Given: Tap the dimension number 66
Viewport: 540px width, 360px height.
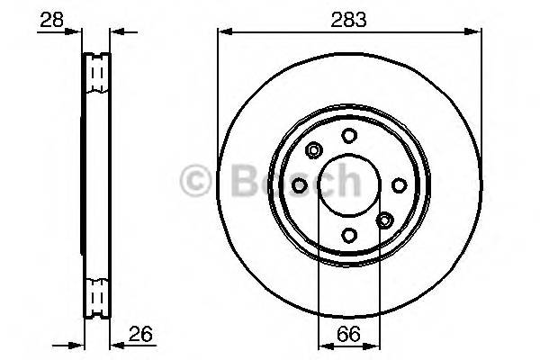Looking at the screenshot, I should [x=348, y=335].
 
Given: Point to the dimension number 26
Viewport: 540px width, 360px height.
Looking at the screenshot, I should [x=139, y=335].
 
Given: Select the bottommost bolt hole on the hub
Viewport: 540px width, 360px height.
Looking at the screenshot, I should [x=348, y=234].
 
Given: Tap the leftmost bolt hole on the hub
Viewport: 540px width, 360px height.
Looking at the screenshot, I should [x=299, y=184].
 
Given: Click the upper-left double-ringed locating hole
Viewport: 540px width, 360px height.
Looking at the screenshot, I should [x=313, y=149].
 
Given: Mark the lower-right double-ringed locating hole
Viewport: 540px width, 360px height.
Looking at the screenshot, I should [x=383, y=220].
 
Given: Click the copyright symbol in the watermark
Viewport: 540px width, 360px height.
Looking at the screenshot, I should [x=195, y=182].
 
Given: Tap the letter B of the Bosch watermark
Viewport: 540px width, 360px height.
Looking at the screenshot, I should [x=245, y=182].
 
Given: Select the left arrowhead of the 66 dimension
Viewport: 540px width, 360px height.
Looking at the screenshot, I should [x=323, y=344].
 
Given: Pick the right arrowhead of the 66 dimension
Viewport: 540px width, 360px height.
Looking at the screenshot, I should [x=374, y=344].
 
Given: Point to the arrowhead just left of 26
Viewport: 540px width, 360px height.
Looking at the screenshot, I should [x=115, y=344].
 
